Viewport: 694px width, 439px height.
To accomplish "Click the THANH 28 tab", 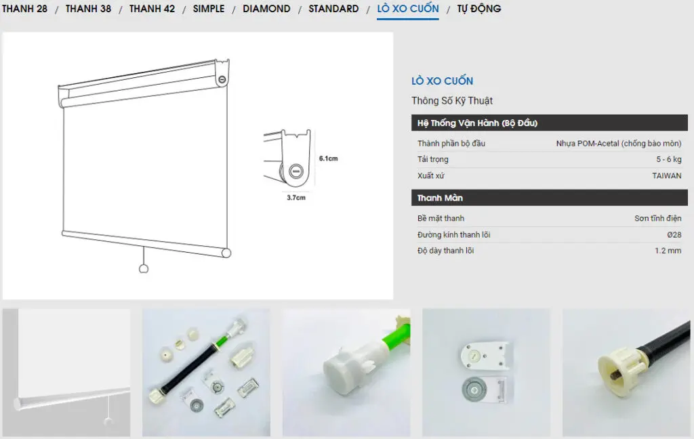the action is tap(25, 8).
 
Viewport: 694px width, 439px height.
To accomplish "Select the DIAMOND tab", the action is tap(266, 8).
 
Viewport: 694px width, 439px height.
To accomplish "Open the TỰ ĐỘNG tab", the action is tap(479, 8).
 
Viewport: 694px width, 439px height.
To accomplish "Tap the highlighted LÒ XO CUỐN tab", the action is tap(408, 8).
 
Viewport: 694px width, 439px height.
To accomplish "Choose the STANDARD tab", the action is tap(333, 8).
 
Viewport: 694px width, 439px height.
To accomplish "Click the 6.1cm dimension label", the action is tap(329, 159).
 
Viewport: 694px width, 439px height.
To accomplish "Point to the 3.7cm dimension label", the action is tap(296, 197).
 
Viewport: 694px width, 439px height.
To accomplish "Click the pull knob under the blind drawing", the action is tap(144, 269).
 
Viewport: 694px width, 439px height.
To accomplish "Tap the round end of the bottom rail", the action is tap(226, 253).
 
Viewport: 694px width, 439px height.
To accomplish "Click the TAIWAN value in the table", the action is tap(667, 175).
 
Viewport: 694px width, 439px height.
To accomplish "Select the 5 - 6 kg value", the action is tap(669, 159).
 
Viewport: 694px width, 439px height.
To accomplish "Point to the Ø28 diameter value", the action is tap(674, 234).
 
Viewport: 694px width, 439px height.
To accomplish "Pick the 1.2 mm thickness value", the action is tap(668, 251).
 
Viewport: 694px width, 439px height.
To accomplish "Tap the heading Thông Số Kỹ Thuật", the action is tap(452, 100).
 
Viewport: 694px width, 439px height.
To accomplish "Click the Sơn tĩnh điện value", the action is tap(657, 218).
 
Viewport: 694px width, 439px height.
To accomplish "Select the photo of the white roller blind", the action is tap(66, 373).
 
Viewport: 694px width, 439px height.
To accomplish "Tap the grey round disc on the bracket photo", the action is tap(474, 390).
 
